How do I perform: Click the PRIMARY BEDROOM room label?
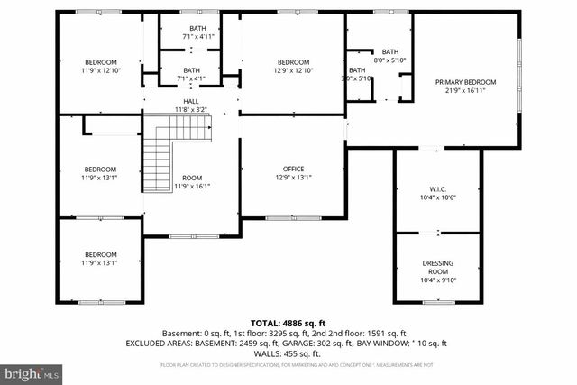tap(466, 82)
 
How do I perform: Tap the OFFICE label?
tap(293, 169)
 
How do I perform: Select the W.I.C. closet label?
tap(437, 189)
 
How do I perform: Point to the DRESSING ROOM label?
tap(438, 267)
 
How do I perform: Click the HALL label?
tap(191, 101)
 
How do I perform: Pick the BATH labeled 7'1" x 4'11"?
tap(192, 32)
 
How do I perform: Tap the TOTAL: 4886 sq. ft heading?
tap(288, 322)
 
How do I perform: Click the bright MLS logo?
tap(32, 371)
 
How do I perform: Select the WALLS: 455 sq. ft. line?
tap(288, 354)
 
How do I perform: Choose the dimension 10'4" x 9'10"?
tap(438, 280)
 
